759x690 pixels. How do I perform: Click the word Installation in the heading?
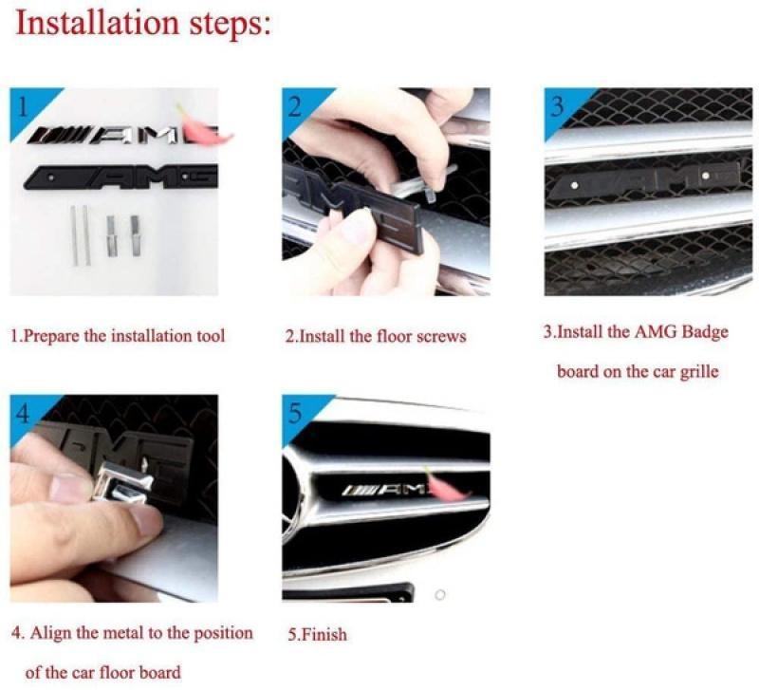[98, 23]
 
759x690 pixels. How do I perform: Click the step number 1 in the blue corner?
[22, 107]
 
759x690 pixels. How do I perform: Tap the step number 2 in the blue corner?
[294, 107]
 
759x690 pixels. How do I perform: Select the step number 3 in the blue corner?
[557, 107]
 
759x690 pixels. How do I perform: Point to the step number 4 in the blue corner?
[23, 414]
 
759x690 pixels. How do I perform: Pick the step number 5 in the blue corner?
[295, 414]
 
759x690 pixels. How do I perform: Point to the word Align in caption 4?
[46, 633]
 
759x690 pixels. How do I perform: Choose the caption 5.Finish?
[318, 634]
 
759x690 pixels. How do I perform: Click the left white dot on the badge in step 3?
[575, 185]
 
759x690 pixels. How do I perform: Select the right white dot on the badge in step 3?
[706, 175]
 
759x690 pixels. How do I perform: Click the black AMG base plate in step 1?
[121, 177]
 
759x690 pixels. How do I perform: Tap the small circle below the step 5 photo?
[440, 594]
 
